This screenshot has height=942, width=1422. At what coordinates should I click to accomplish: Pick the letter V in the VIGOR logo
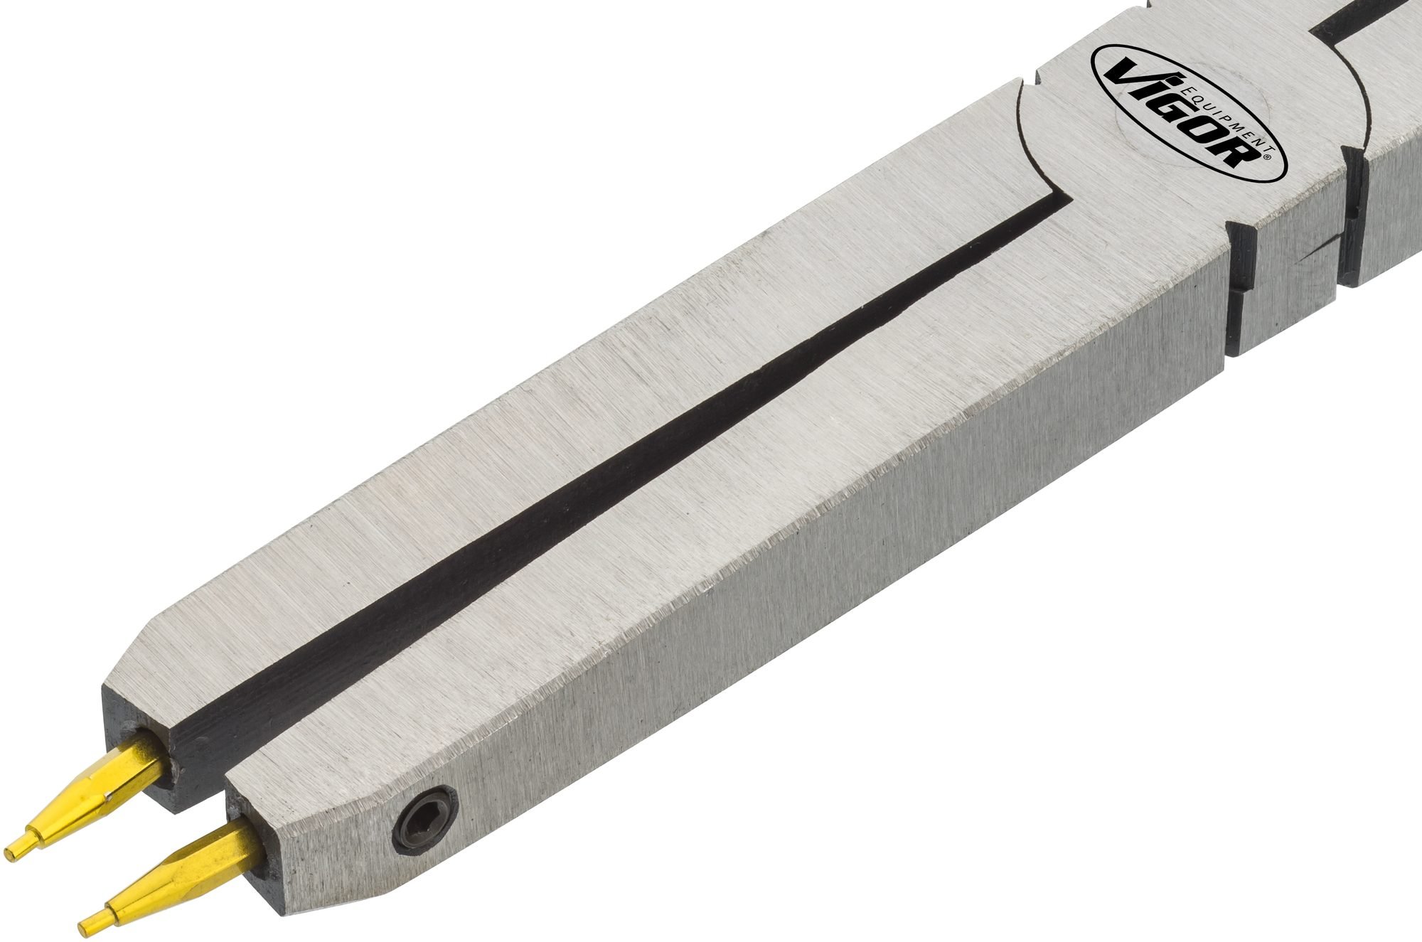[x=1126, y=71]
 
